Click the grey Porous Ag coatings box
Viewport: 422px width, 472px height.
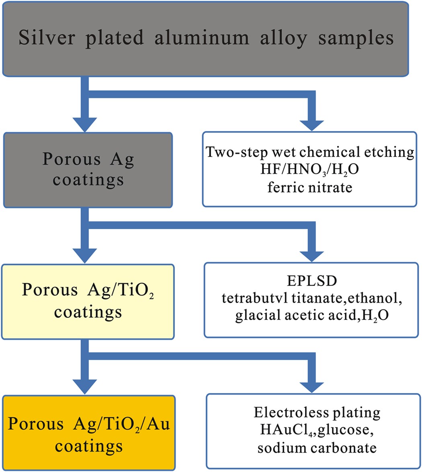click(88, 170)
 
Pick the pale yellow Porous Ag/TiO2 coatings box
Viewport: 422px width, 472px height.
click(88, 301)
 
